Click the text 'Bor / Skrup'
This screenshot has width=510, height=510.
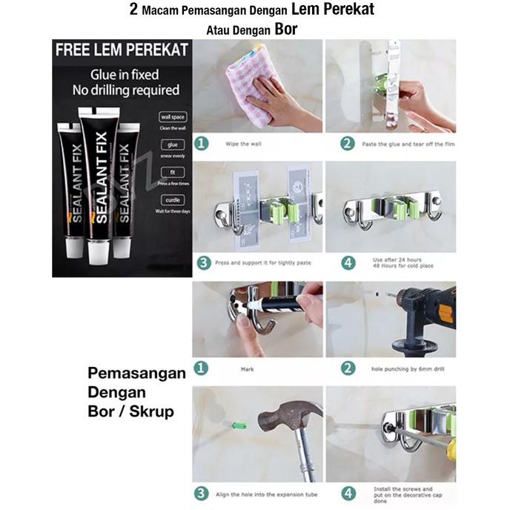click(x=130, y=410)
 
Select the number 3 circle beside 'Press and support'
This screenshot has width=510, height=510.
click(x=202, y=262)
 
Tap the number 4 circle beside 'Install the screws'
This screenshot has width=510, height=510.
click(x=348, y=493)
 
